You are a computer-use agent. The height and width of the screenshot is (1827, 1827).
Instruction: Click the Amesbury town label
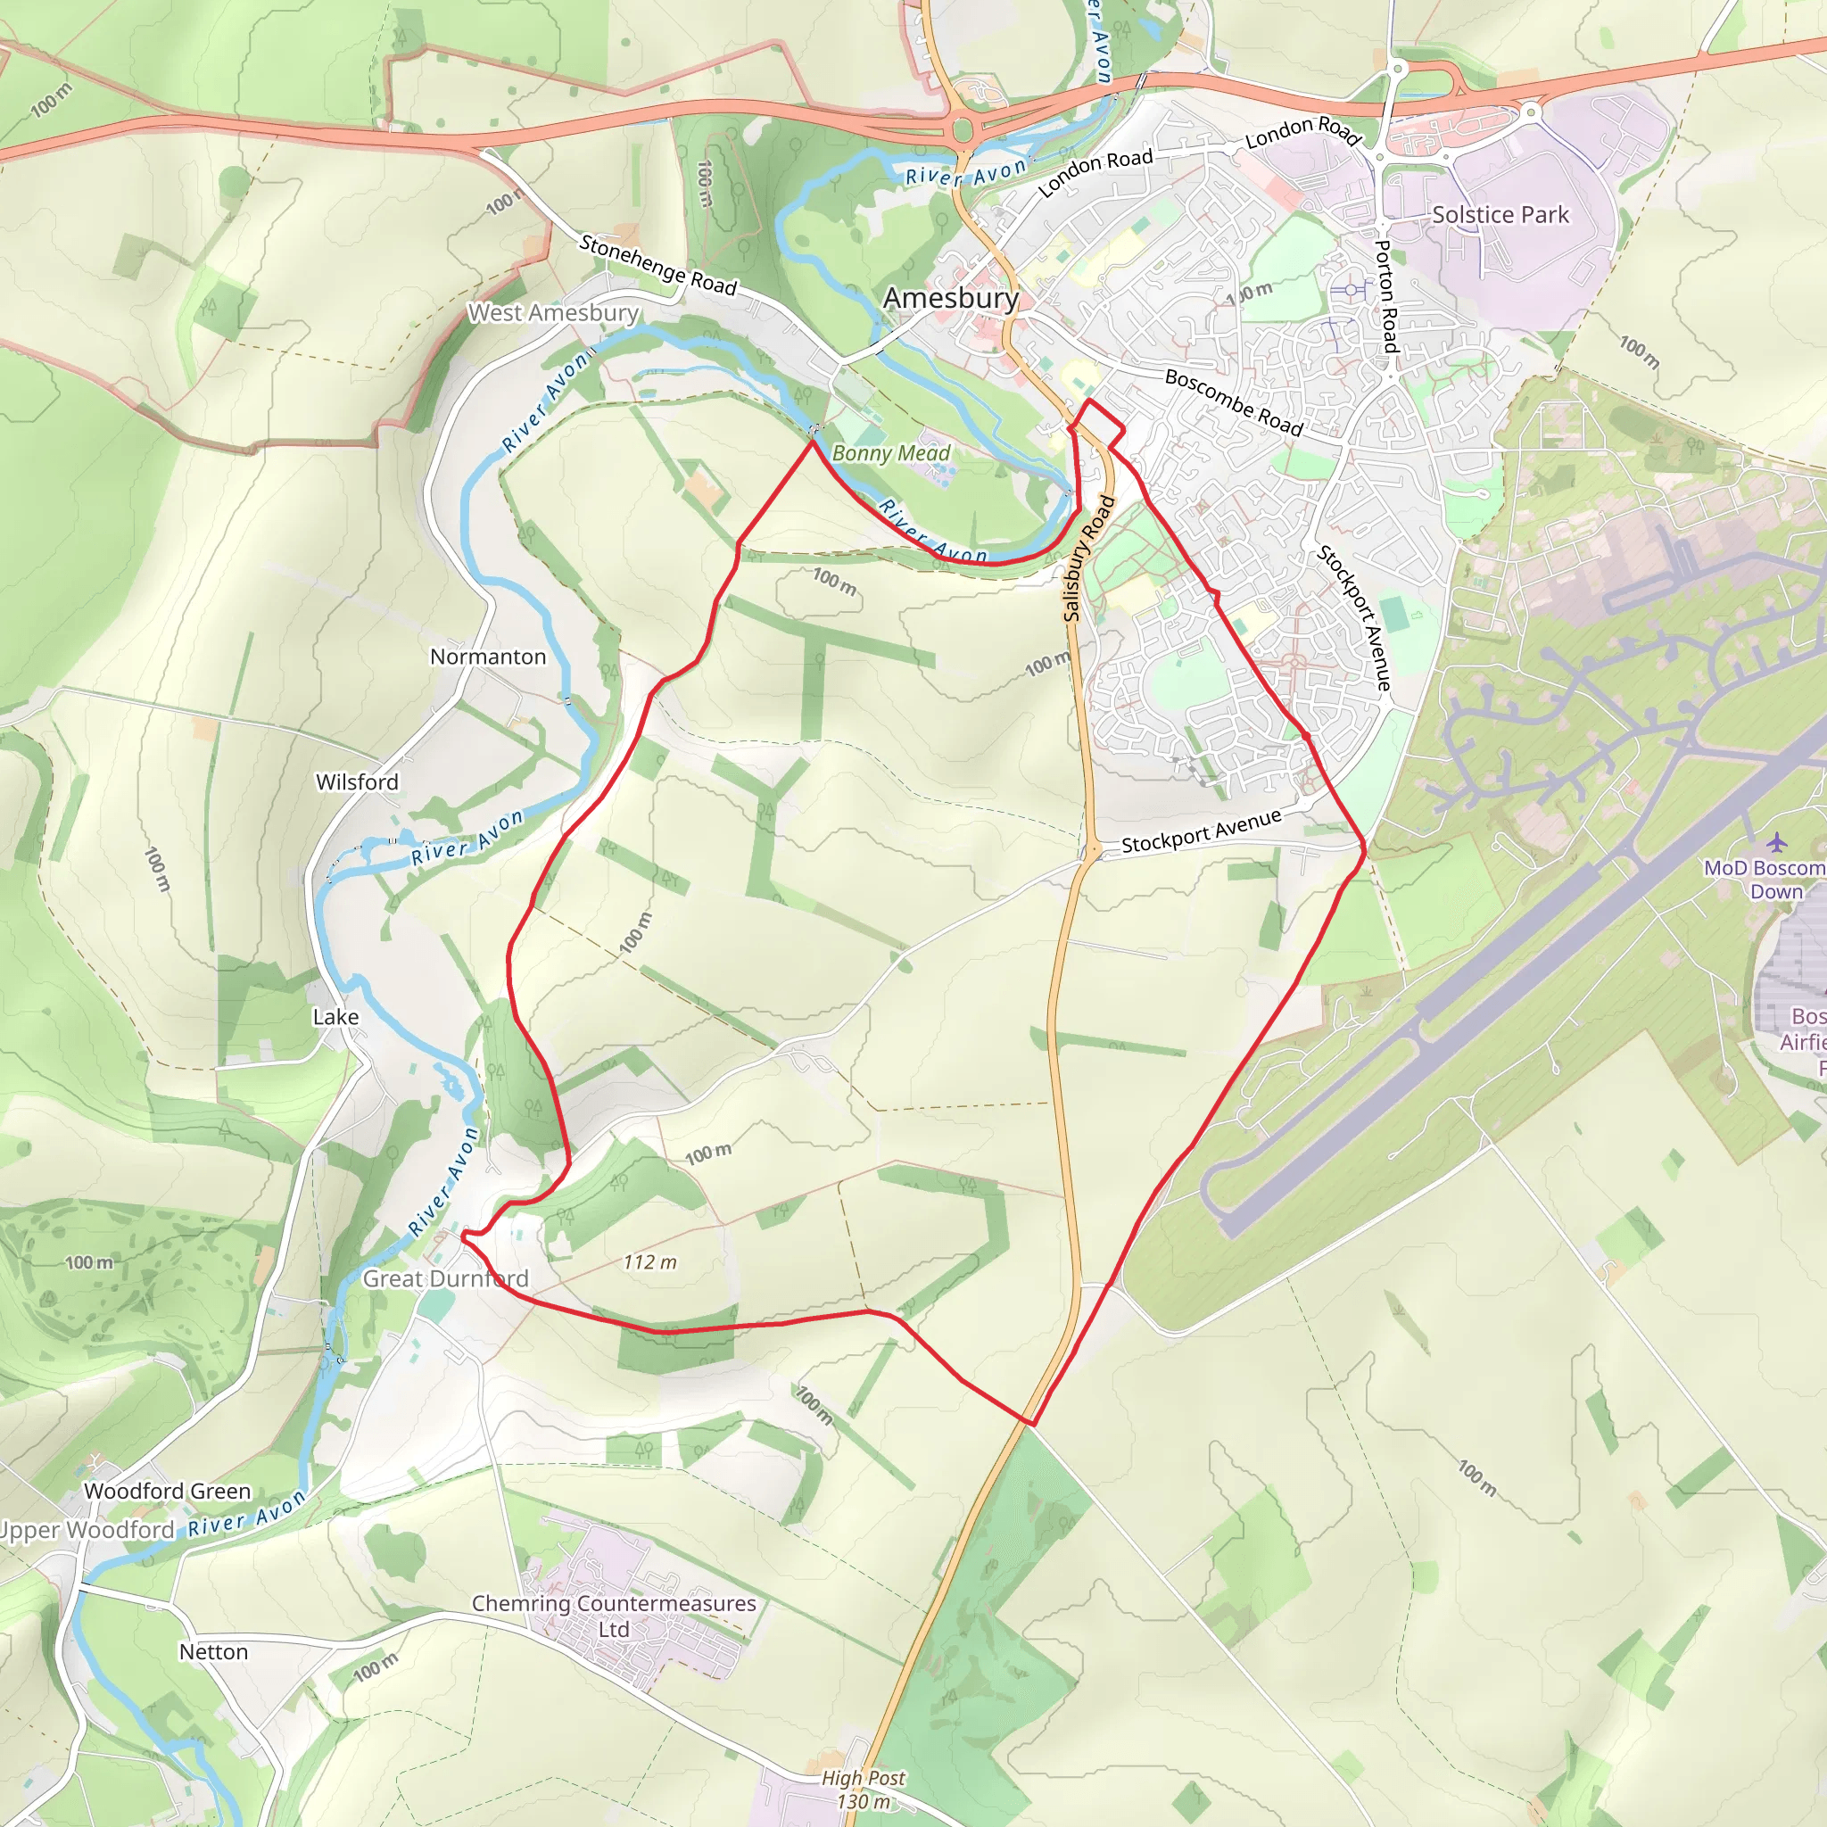pyautogui.click(x=950, y=298)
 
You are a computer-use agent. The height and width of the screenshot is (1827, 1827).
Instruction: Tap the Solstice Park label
pyautogui.click(x=1500, y=215)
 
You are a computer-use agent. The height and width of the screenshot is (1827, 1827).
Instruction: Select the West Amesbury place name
pyautogui.click(x=553, y=312)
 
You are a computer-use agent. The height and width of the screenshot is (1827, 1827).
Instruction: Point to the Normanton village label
pyautogui.click(x=488, y=657)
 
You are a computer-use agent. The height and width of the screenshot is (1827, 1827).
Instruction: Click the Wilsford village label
pyautogui.click(x=357, y=782)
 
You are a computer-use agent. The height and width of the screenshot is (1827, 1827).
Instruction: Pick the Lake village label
pyautogui.click(x=335, y=1017)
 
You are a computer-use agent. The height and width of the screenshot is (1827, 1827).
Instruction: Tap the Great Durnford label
pyautogui.click(x=445, y=1278)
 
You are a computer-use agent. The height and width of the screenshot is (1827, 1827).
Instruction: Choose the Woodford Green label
pyautogui.click(x=168, y=1491)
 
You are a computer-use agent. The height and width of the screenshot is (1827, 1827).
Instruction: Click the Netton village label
pyautogui.click(x=214, y=1651)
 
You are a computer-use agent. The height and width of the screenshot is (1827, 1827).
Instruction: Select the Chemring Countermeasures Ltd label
pyautogui.click(x=614, y=1616)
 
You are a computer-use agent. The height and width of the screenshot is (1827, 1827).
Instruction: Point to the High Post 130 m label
pyautogui.click(x=863, y=1790)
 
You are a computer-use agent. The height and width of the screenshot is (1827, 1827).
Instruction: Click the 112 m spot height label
pyautogui.click(x=649, y=1262)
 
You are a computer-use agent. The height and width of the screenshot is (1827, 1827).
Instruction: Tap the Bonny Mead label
pyautogui.click(x=891, y=453)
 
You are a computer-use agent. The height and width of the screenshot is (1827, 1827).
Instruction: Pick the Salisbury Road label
pyautogui.click(x=1088, y=558)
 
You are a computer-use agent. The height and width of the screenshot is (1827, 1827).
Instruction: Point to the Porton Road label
pyautogui.click(x=1385, y=296)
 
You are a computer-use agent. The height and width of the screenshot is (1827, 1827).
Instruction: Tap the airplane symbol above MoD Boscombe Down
pyautogui.click(x=1777, y=840)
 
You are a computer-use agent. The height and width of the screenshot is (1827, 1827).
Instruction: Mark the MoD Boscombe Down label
pyautogui.click(x=1764, y=880)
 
